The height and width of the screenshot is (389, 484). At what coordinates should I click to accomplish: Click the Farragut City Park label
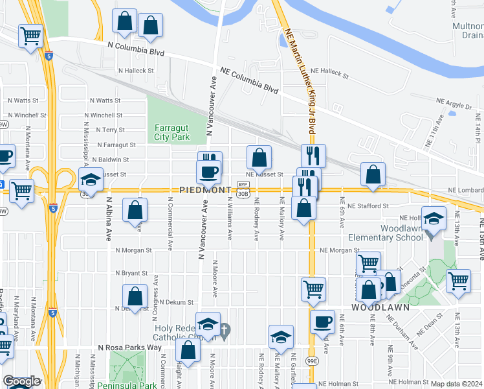pyautogui.click(x=171, y=132)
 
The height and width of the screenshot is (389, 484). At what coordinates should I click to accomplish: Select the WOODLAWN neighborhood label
pyautogui.click(x=380, y=307)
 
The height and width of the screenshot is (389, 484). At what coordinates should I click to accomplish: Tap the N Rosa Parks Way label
pyautogui.click(x=129, y=348)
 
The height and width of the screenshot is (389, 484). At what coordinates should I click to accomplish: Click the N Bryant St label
pyautogui.click(x=131, y=274)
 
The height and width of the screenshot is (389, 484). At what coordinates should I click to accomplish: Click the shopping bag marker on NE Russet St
pyautogui.click(x=259, y=158)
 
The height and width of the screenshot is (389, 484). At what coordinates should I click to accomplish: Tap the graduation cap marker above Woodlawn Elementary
pyautogui.click(x=435, y=220)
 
